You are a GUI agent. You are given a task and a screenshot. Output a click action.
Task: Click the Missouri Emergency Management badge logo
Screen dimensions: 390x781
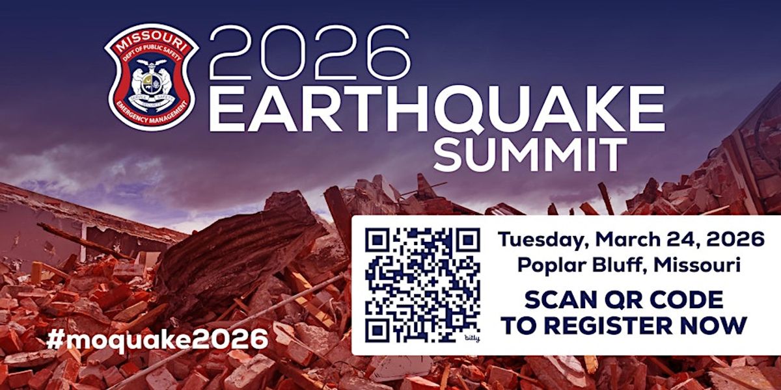point(151,77)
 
